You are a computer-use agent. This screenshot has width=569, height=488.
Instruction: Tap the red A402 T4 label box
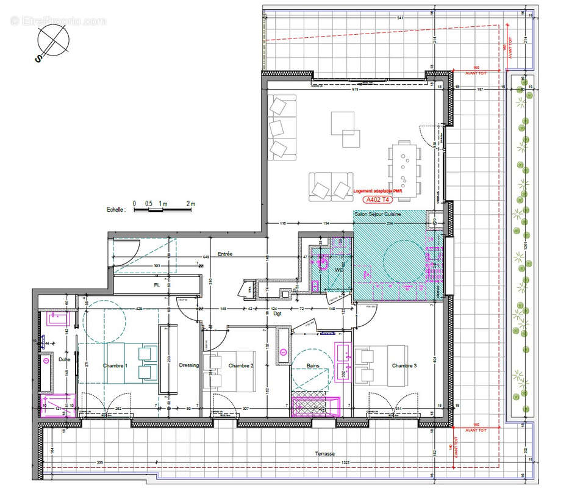(x=378, y=199)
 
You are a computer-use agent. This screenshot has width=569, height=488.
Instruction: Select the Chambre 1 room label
(x=115, y=365)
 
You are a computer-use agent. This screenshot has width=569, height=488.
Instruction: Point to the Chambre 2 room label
(x=240, y=365)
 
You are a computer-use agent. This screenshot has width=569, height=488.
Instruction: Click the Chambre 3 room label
(x=404, y=365)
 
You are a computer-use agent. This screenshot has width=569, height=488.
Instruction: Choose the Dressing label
(x=188, y=365)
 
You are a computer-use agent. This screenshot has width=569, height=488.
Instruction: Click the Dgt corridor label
(x=277, y=314)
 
